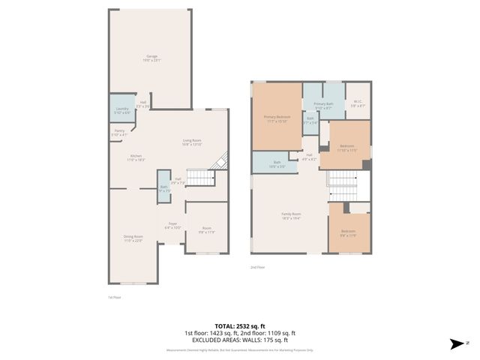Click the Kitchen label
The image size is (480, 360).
coord(136,157)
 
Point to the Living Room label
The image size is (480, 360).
coord(192,142)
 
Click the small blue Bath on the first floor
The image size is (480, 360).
coord(163,190)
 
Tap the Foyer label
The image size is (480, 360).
coord(172,226)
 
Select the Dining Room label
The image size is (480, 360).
coord(133,238)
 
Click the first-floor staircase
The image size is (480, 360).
coord(199,177)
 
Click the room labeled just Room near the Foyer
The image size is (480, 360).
coord(206,230)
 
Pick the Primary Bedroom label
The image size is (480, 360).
coord(277,118)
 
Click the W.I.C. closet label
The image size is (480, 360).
coord(357,103)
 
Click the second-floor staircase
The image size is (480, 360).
coord(343,181)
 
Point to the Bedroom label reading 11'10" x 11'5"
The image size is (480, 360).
coord(346,147)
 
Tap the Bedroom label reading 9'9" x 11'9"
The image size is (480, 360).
coord(349,232)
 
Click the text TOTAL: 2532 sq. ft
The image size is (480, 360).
coord(240,325)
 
